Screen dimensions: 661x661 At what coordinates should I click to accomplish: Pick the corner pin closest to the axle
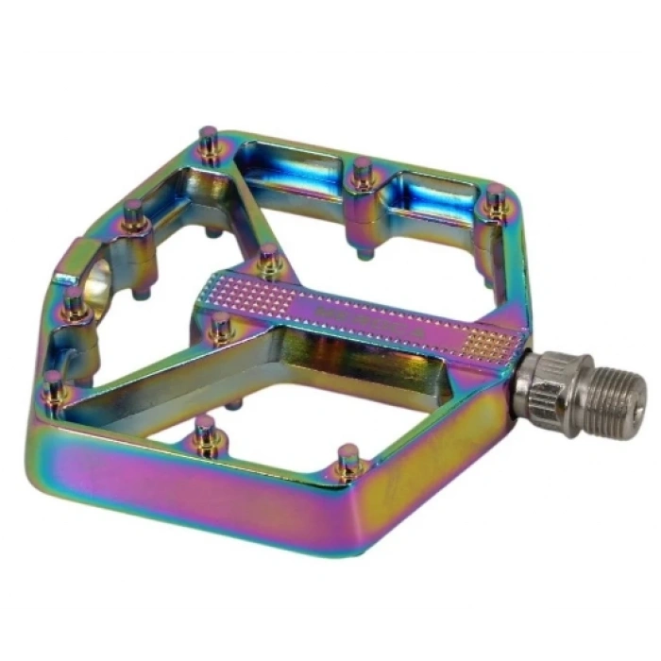pyautogui.click(x=495, y=199)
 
